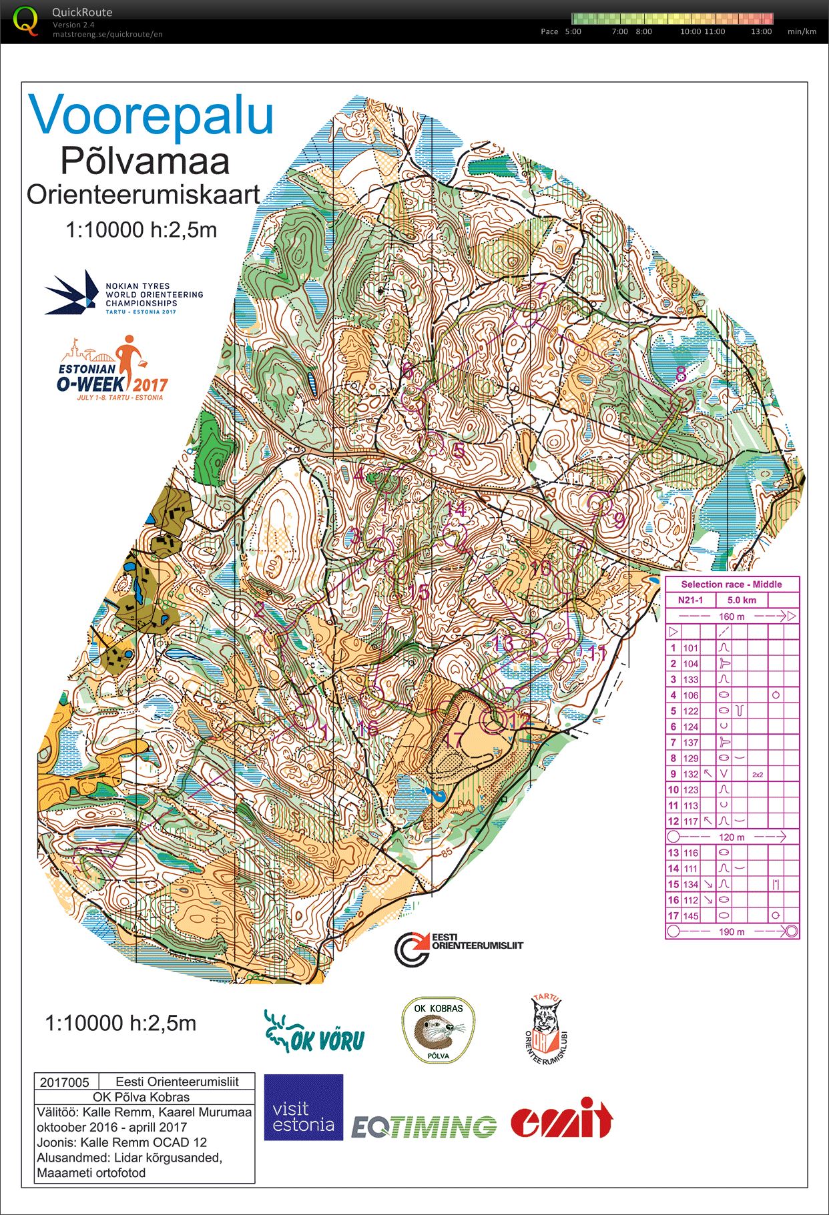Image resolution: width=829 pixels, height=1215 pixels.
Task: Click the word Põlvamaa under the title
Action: [145, 161]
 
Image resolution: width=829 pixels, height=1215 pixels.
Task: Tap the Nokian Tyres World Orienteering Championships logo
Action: [124, 294]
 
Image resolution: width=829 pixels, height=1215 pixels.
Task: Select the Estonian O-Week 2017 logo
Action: [112, 368]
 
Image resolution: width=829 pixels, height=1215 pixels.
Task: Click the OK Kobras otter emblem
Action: [439, 1030]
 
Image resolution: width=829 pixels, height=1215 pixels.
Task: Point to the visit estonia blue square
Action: [304, 1107]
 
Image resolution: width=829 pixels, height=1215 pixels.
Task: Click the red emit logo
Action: [562, 1119]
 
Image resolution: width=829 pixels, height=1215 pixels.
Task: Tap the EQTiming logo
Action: [424, 1126]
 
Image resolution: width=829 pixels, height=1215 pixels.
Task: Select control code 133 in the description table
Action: [690, 679]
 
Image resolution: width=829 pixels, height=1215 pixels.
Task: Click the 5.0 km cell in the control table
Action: [742, 600]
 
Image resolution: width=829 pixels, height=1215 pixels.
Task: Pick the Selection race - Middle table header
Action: [732, 584]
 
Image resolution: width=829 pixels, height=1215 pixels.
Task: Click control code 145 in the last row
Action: [690, 916]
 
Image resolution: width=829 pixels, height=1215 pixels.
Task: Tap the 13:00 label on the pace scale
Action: [761, 31]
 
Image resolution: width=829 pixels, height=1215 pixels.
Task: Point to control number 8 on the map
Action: [680, 374]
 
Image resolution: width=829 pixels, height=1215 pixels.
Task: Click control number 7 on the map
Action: [541, 289]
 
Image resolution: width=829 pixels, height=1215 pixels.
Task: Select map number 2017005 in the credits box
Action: [65, 1082]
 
